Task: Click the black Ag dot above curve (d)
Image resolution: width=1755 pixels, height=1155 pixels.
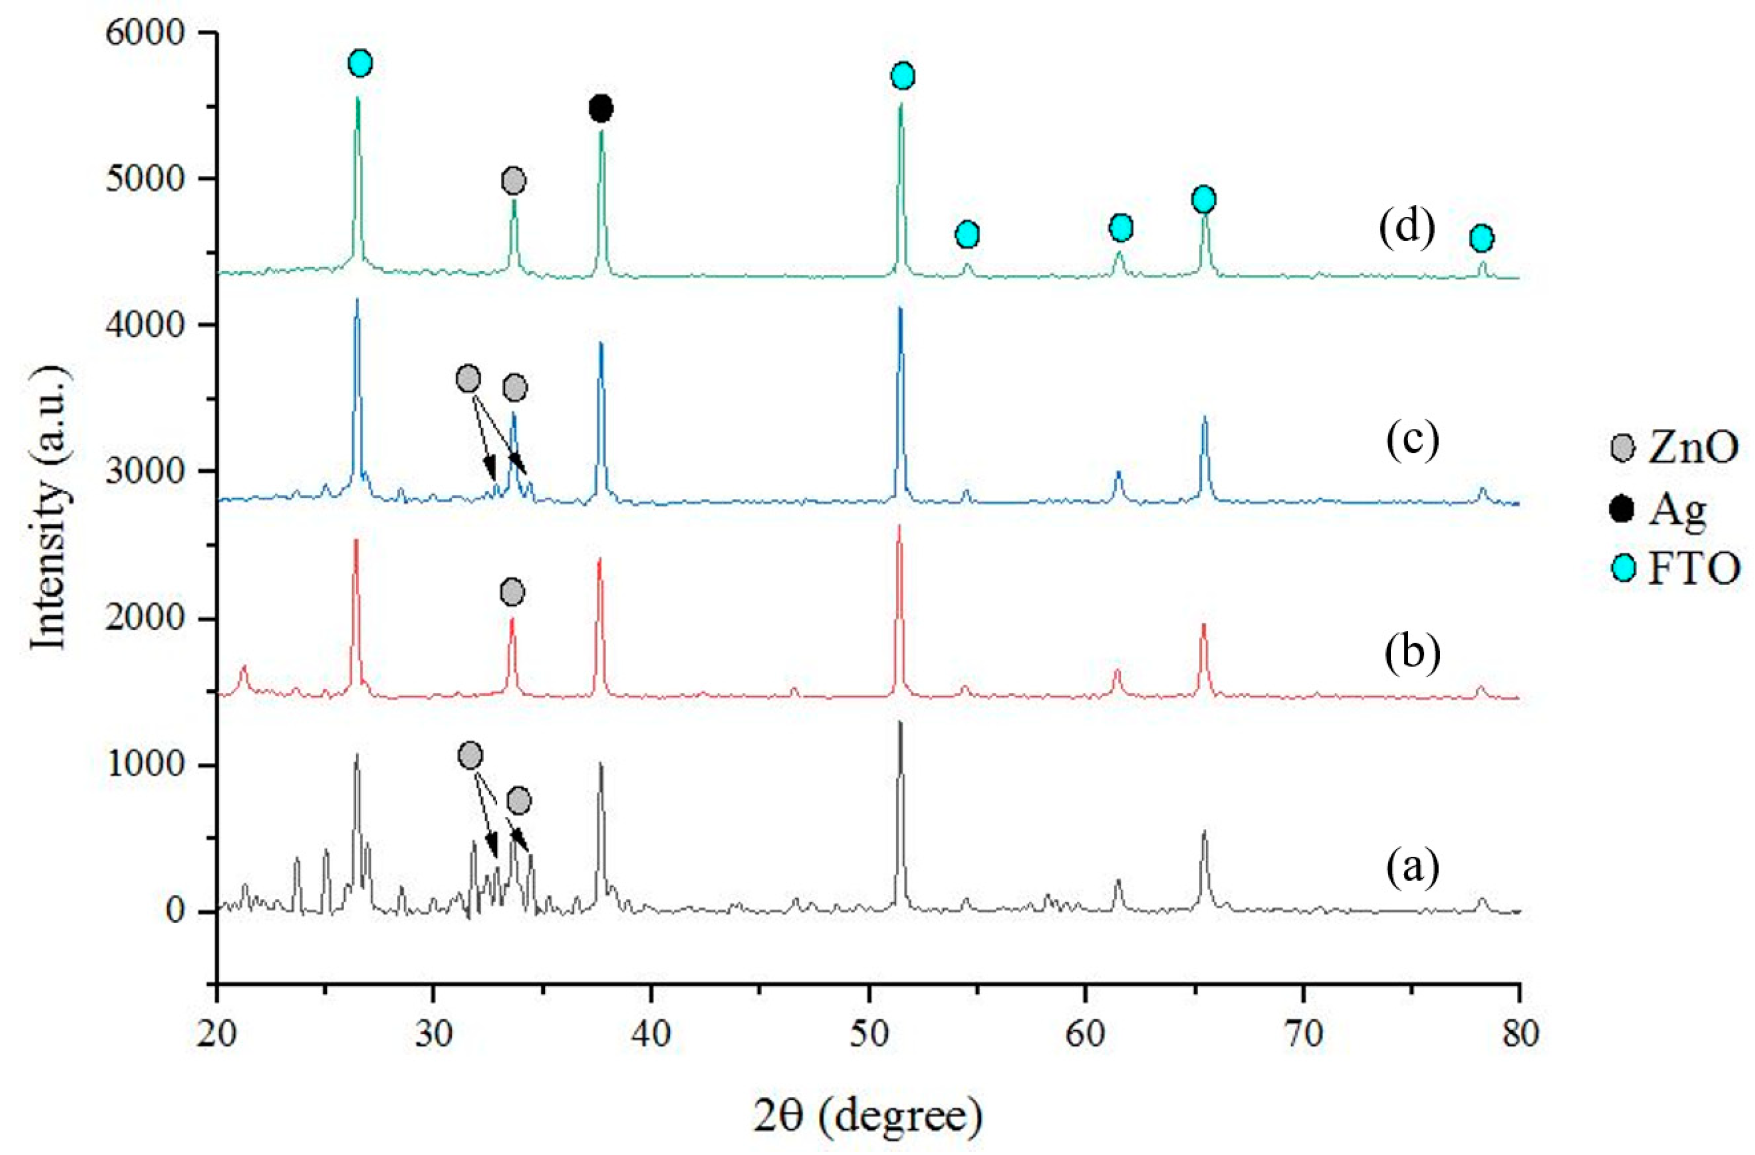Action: tap(601, 109)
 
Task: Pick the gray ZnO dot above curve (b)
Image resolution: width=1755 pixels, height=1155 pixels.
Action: tap(512, 592)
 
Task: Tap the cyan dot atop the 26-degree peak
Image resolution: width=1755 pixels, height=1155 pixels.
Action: tap(359, 63)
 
